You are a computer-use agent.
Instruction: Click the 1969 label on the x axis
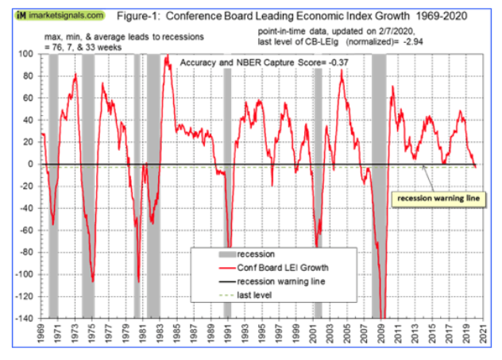(x=41, y=335)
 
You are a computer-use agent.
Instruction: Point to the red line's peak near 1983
(x=167, y=56)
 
